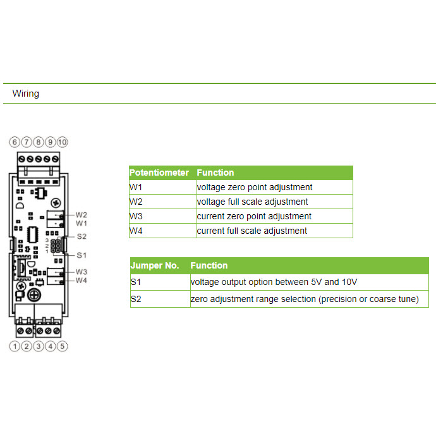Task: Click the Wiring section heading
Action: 25,94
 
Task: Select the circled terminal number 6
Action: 15,142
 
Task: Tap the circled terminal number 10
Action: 63,142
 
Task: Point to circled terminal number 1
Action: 15,346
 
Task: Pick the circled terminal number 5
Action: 63,346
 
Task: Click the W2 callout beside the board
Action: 81,215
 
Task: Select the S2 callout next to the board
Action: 82,236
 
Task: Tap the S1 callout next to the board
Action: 82,255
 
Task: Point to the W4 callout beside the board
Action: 81,281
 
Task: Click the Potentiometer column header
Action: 159,173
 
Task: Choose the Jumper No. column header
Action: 155,265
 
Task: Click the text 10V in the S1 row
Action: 349,282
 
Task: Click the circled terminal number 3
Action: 39,346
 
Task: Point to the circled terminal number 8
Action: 39,142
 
